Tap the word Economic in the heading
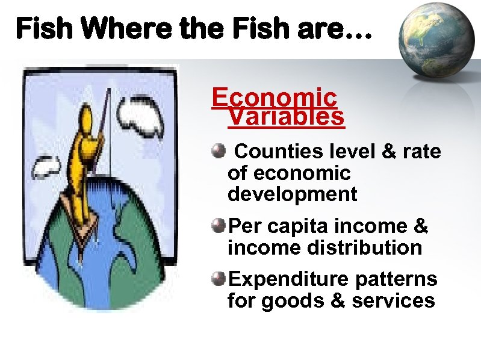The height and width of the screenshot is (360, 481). point(275,98)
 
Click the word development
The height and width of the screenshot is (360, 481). point(292,194)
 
